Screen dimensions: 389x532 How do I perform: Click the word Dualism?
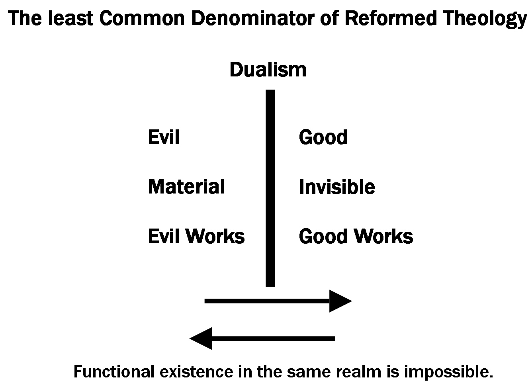tap(268, 70)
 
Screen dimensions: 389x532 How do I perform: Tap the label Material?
tap(186, 187)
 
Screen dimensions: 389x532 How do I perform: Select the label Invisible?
tap(337, 187)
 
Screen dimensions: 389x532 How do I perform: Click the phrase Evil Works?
tap(196, 236)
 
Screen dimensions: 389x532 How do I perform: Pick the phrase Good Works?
tap(356, 236)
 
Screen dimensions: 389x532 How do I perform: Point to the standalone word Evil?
tap(164, 137)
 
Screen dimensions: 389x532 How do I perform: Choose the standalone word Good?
tap(323, 137)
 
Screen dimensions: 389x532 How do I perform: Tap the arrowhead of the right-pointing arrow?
tap(340, 301)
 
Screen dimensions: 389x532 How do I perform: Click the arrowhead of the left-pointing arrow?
tap(201, 338)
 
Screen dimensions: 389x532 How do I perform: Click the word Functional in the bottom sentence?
tap(113, 372)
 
